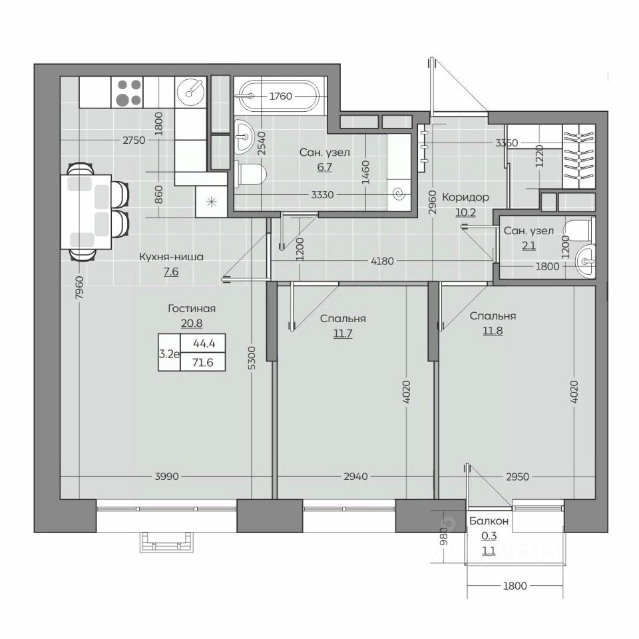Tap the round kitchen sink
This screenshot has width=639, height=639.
pos(191,93)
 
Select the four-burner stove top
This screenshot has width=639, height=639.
pos(128,93)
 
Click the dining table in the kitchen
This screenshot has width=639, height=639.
pos(86,211)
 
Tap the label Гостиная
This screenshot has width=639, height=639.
pos(192,308)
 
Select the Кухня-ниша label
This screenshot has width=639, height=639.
pos(171,257)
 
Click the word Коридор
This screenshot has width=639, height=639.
pos(465,197)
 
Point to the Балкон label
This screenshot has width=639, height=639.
pos(489,521)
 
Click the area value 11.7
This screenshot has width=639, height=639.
pos(343,333)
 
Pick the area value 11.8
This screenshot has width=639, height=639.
pos(493,331)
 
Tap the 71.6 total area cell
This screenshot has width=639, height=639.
pos(202,362)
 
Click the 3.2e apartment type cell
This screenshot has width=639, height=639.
pos(169,353)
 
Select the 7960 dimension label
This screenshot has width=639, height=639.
pos(79,288)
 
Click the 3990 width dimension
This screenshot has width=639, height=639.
pos(166,476)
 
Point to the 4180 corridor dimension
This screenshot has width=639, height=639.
pos(382,261)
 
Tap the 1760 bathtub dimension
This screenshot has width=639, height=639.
pos(281,96)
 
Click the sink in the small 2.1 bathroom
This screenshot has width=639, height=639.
pos(585,261)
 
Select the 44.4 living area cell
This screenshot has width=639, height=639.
pos(204,343)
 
